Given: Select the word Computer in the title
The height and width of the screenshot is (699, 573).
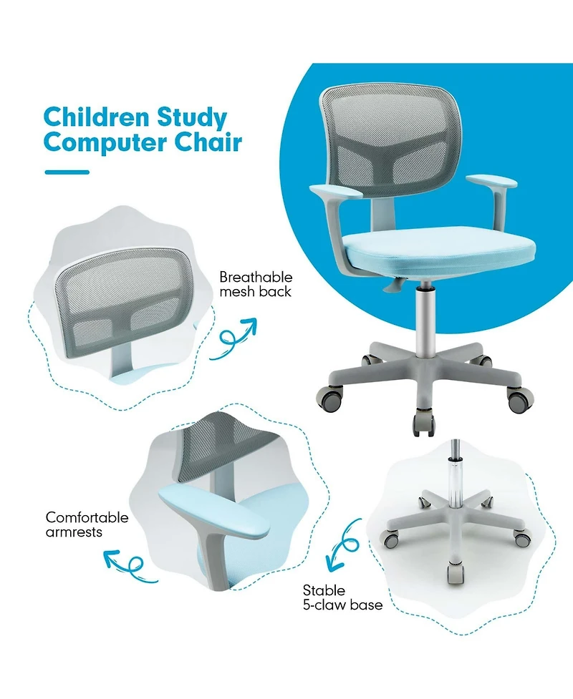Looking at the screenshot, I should coord(101,142).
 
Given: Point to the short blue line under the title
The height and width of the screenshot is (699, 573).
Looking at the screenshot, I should coord(67,172).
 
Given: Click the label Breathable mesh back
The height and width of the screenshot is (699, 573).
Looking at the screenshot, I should coord(255,284).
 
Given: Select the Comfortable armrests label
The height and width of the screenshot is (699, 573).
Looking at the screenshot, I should coord(87,524).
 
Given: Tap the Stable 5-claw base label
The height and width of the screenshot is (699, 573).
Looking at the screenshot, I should coord(342,597).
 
